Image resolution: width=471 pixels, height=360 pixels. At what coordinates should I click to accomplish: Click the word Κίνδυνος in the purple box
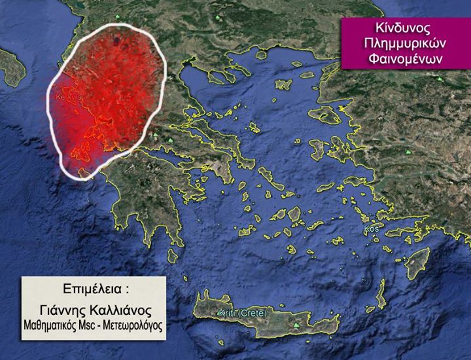[405, 30]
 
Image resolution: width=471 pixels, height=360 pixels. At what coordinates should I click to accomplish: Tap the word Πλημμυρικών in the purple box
[405, 44]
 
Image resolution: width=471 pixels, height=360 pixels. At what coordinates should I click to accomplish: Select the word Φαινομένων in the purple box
[405, 58]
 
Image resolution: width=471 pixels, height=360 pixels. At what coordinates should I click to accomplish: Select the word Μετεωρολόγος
[136, 323]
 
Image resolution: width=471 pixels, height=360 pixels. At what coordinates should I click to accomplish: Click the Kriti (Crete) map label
[243, 314]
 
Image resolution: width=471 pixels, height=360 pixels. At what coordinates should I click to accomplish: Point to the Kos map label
[373, 230]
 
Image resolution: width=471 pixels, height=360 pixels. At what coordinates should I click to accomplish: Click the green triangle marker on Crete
[297, 325]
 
